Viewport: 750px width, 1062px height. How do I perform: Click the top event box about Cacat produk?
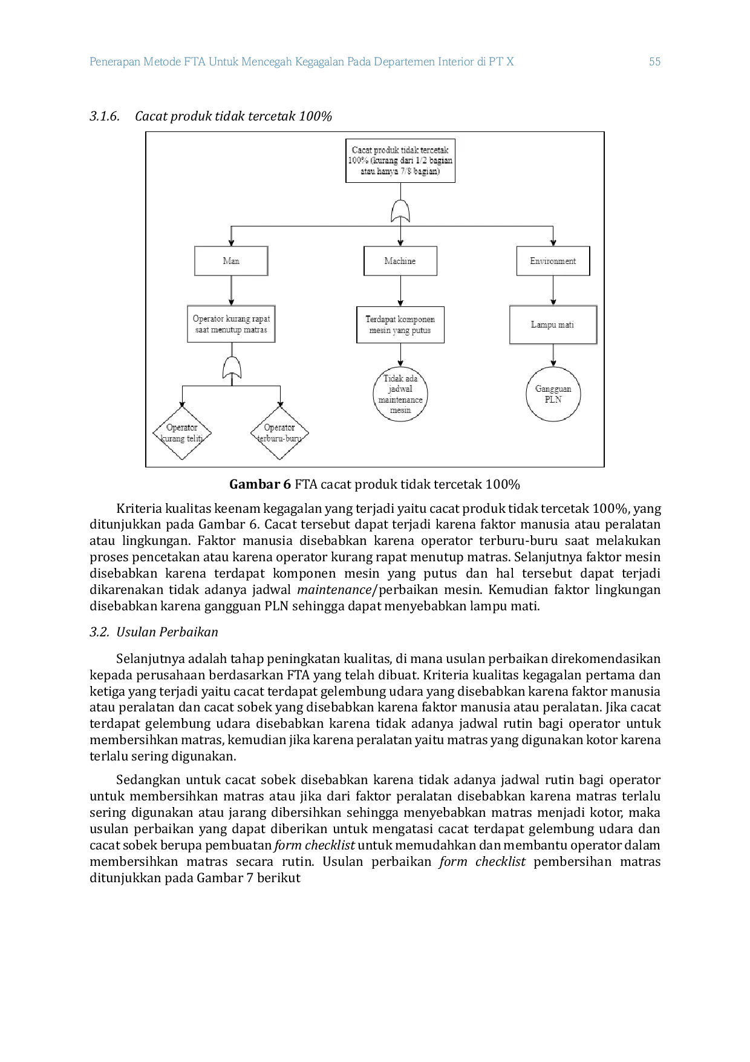pyautogui.click(x=400, y=160)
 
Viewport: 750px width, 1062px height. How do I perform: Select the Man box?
pyautogui.click(x=231, y=261)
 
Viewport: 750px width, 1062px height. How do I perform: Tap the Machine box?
pyautogui.click(x=400, y=261)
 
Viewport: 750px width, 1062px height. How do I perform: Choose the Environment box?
pyautogui.click(x=553, y=261)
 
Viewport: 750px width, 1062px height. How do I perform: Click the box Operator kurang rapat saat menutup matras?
pyautogui.click(x=231, y=324)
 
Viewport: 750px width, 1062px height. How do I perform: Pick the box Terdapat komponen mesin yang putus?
pyautogui.click(x=400, y=325)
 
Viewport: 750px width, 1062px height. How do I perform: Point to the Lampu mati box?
pyautogui.click(x=553, y=325)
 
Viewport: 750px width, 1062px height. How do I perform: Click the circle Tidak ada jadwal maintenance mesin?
pyautogui.click(x=400, y=394)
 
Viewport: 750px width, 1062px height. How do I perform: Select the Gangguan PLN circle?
pyautogui.click(x=553, y=394)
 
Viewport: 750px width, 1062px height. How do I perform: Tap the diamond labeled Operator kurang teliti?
pyautogui.click(x=182, y=433)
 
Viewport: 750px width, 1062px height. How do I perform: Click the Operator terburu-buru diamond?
pyautogui.click(x=279, y=433)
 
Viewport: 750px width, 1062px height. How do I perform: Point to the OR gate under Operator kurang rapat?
pyautogui.click(x=232, y=368)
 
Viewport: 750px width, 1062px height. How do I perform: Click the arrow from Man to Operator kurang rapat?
pyautogui.click(x=231, y=291)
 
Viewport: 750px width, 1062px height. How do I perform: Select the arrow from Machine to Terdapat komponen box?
pyautogui.click(x=400, y=291)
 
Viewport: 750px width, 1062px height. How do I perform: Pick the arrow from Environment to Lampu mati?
pyautogui.click(x=553, y=291)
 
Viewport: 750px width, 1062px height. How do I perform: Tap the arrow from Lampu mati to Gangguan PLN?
pyautogui.click(x=553, y=355)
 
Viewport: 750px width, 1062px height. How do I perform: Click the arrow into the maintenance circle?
pyautogui.click(x=400, y=355)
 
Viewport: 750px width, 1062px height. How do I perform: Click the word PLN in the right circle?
pyautogui.click(x=553, y=400)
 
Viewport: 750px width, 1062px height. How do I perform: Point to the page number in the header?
pyautogui.click(x=655, y=61)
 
